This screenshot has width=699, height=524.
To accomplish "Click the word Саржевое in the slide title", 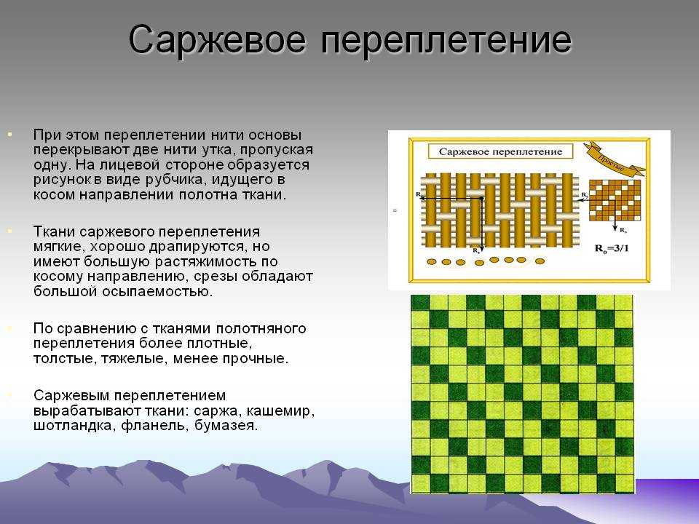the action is tap(217, 40).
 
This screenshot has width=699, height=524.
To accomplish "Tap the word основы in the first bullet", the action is tap(275, 135).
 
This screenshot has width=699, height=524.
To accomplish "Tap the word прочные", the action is tap(255, 359).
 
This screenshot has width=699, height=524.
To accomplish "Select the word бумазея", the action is tap(226, 426).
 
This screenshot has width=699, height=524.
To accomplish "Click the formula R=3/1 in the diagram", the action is tap(612, 249).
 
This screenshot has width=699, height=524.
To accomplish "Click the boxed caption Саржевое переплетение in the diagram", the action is tap(500, 151).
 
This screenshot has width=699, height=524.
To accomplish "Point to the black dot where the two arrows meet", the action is tap(481, 198).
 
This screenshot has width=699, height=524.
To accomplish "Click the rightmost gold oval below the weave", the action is tap(540, 261).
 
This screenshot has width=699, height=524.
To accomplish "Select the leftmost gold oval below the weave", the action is tap(432, 261).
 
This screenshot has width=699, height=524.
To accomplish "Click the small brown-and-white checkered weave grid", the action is tap(615, 200).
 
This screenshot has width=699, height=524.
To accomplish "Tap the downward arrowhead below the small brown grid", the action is tap(615, 227).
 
